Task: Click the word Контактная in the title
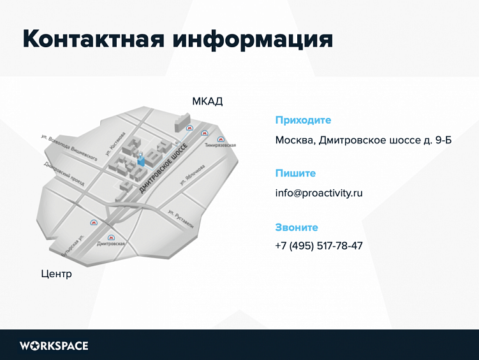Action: pyautogui.click(x=94, y=38)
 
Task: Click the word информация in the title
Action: pyautogui.click(x=253, y=38)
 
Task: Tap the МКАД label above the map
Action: pyautogui.click(x=207, y=101)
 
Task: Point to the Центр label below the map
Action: pyautogui.click(x=56, y=274)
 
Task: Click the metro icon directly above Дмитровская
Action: pyautogui.click(x=112, y=236)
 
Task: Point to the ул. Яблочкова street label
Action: pyautogui.click(x=191, y=173)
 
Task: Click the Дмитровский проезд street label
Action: pyautogui.click(x=64, y=173)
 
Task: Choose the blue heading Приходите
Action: pyautogui.click(x=303, y=120)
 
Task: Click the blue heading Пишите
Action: pyautogui.click(x=295, y=173)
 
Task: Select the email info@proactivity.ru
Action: pyautogui.click(x=319, y=192)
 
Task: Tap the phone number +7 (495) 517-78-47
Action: pyautogui.click(x=319, y=245)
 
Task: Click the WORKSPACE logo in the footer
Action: pyautogui.click(x=54, y=346)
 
